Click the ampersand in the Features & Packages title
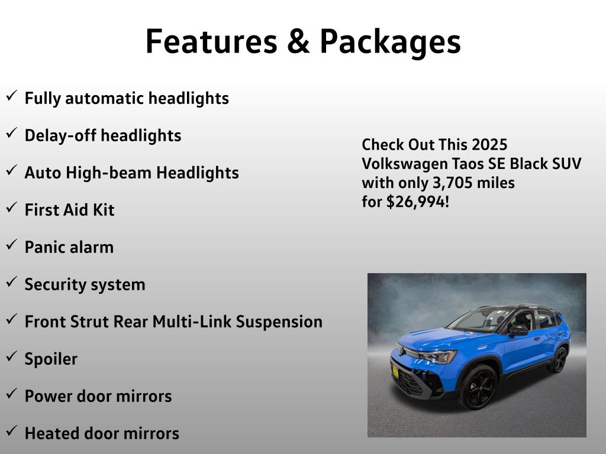point(298,41)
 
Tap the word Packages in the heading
point(391,43)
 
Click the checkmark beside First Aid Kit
point(12,207)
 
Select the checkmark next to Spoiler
point(12,356)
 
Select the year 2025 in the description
point(489,145)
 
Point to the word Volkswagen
point(404,164)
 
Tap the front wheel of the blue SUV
point(478,387)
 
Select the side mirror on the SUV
point(518,330)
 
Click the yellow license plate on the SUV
point(395,372)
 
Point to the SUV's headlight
point(438,356)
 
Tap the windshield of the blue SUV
point(477,320)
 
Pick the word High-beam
point(109,173)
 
